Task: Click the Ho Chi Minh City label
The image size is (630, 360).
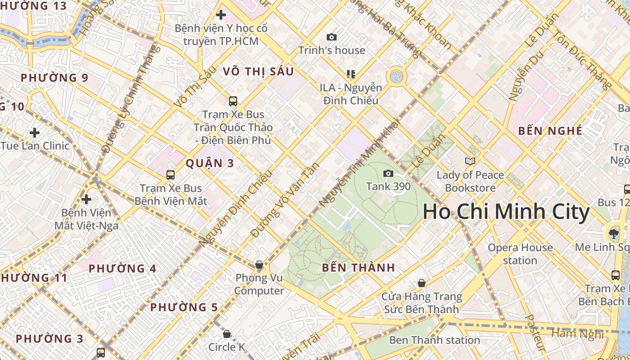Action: [506, 212]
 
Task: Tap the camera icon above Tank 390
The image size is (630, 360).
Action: [388, 174]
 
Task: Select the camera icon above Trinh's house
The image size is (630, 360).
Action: [332, 37]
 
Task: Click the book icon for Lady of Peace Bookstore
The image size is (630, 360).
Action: [470, 161]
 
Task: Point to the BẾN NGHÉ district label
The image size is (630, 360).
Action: [550, 131]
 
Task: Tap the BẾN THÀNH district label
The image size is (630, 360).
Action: [358, 268]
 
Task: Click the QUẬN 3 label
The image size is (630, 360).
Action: [210, 163]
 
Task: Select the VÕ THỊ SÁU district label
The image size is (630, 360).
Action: [258, 72]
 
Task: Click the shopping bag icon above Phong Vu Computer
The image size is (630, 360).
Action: [259, 264]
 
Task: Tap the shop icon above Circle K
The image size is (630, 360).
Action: [227, 334]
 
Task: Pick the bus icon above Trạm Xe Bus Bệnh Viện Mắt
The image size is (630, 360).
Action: [171, 175]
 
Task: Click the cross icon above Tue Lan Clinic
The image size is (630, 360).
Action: [35, 133]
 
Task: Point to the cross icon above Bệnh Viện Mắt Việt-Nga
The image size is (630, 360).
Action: [86, 199]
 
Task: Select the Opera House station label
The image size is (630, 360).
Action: [520, 254]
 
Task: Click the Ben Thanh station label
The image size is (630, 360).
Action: [434, 340]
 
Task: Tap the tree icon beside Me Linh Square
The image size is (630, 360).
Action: [613, 233]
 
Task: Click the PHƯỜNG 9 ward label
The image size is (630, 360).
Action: [54, 78]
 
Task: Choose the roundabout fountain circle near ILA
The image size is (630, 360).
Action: [396, 76]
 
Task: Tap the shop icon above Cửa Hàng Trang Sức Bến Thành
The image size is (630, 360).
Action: [422, 283]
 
